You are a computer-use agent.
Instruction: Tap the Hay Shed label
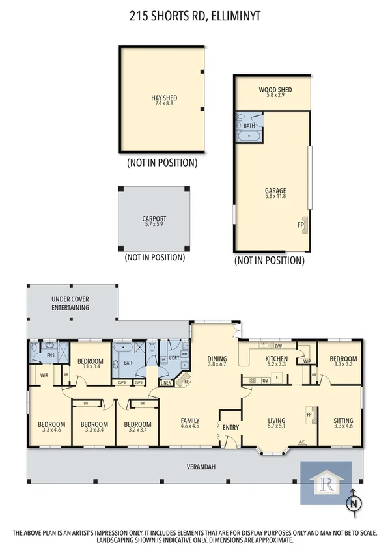(164, 98)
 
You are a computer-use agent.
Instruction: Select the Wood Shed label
(275, 90)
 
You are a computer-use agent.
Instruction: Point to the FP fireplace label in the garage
(300, 225)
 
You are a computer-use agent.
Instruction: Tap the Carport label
(154, 219)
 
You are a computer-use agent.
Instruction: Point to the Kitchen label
(277, 359)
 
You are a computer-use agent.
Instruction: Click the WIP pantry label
(305, 361)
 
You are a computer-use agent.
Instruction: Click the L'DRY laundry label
(174, 359)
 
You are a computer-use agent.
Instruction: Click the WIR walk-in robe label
(45, 375)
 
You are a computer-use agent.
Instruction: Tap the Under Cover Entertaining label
(70, 303)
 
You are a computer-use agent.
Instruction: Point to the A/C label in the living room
(302, 443)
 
